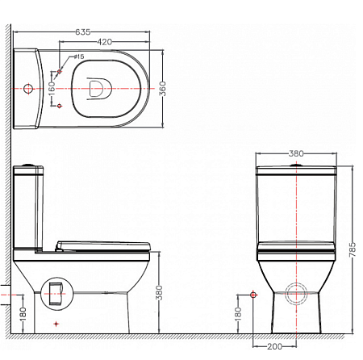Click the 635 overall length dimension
pos(83,32)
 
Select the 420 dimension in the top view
pos(104,42)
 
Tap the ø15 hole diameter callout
pos(79,57)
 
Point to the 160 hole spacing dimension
pos(52,89)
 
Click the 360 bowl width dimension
pos(162,89)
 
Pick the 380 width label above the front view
pos(296,153)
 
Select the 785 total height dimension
pos(352,249)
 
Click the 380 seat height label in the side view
pos(159,293)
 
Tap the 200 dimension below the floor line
pos(274,346)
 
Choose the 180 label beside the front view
pos(238,313)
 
